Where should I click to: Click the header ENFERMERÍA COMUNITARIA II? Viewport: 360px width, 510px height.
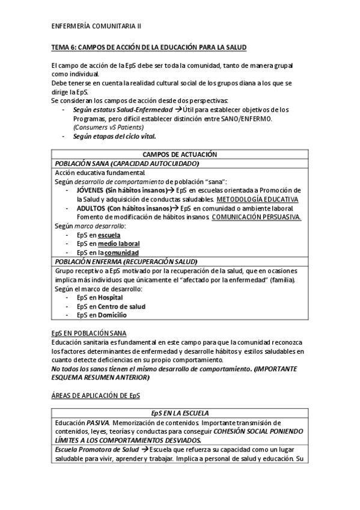pos(97,26)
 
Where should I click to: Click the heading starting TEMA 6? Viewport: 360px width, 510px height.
pos(148,47)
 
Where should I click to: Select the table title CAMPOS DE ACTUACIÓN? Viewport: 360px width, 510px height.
pos(180,155)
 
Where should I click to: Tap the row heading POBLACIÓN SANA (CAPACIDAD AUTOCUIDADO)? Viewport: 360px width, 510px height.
pos(127,163)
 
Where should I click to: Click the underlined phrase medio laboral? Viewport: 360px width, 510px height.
pos(119,244)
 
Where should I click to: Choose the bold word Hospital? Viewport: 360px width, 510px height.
pos(111,297)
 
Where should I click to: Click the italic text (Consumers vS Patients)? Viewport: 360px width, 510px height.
pos(109,127)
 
